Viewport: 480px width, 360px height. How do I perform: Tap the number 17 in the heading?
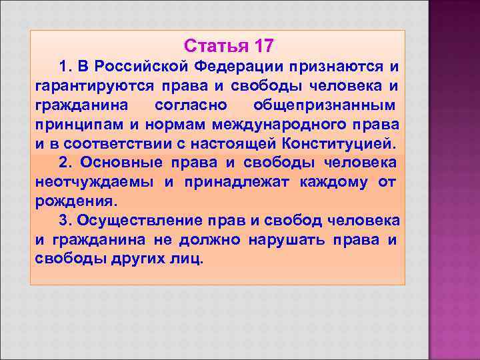point(262,47)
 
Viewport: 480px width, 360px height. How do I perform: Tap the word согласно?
point(191,105)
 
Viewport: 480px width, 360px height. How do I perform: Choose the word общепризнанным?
point(324,105)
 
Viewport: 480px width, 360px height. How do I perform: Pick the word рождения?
point(75,201)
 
